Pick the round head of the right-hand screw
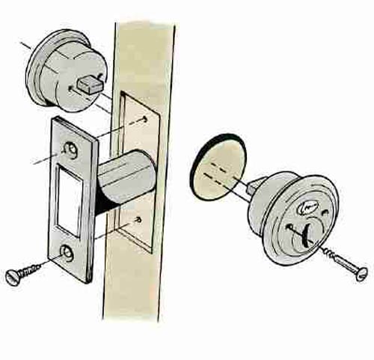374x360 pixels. (362, 273)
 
